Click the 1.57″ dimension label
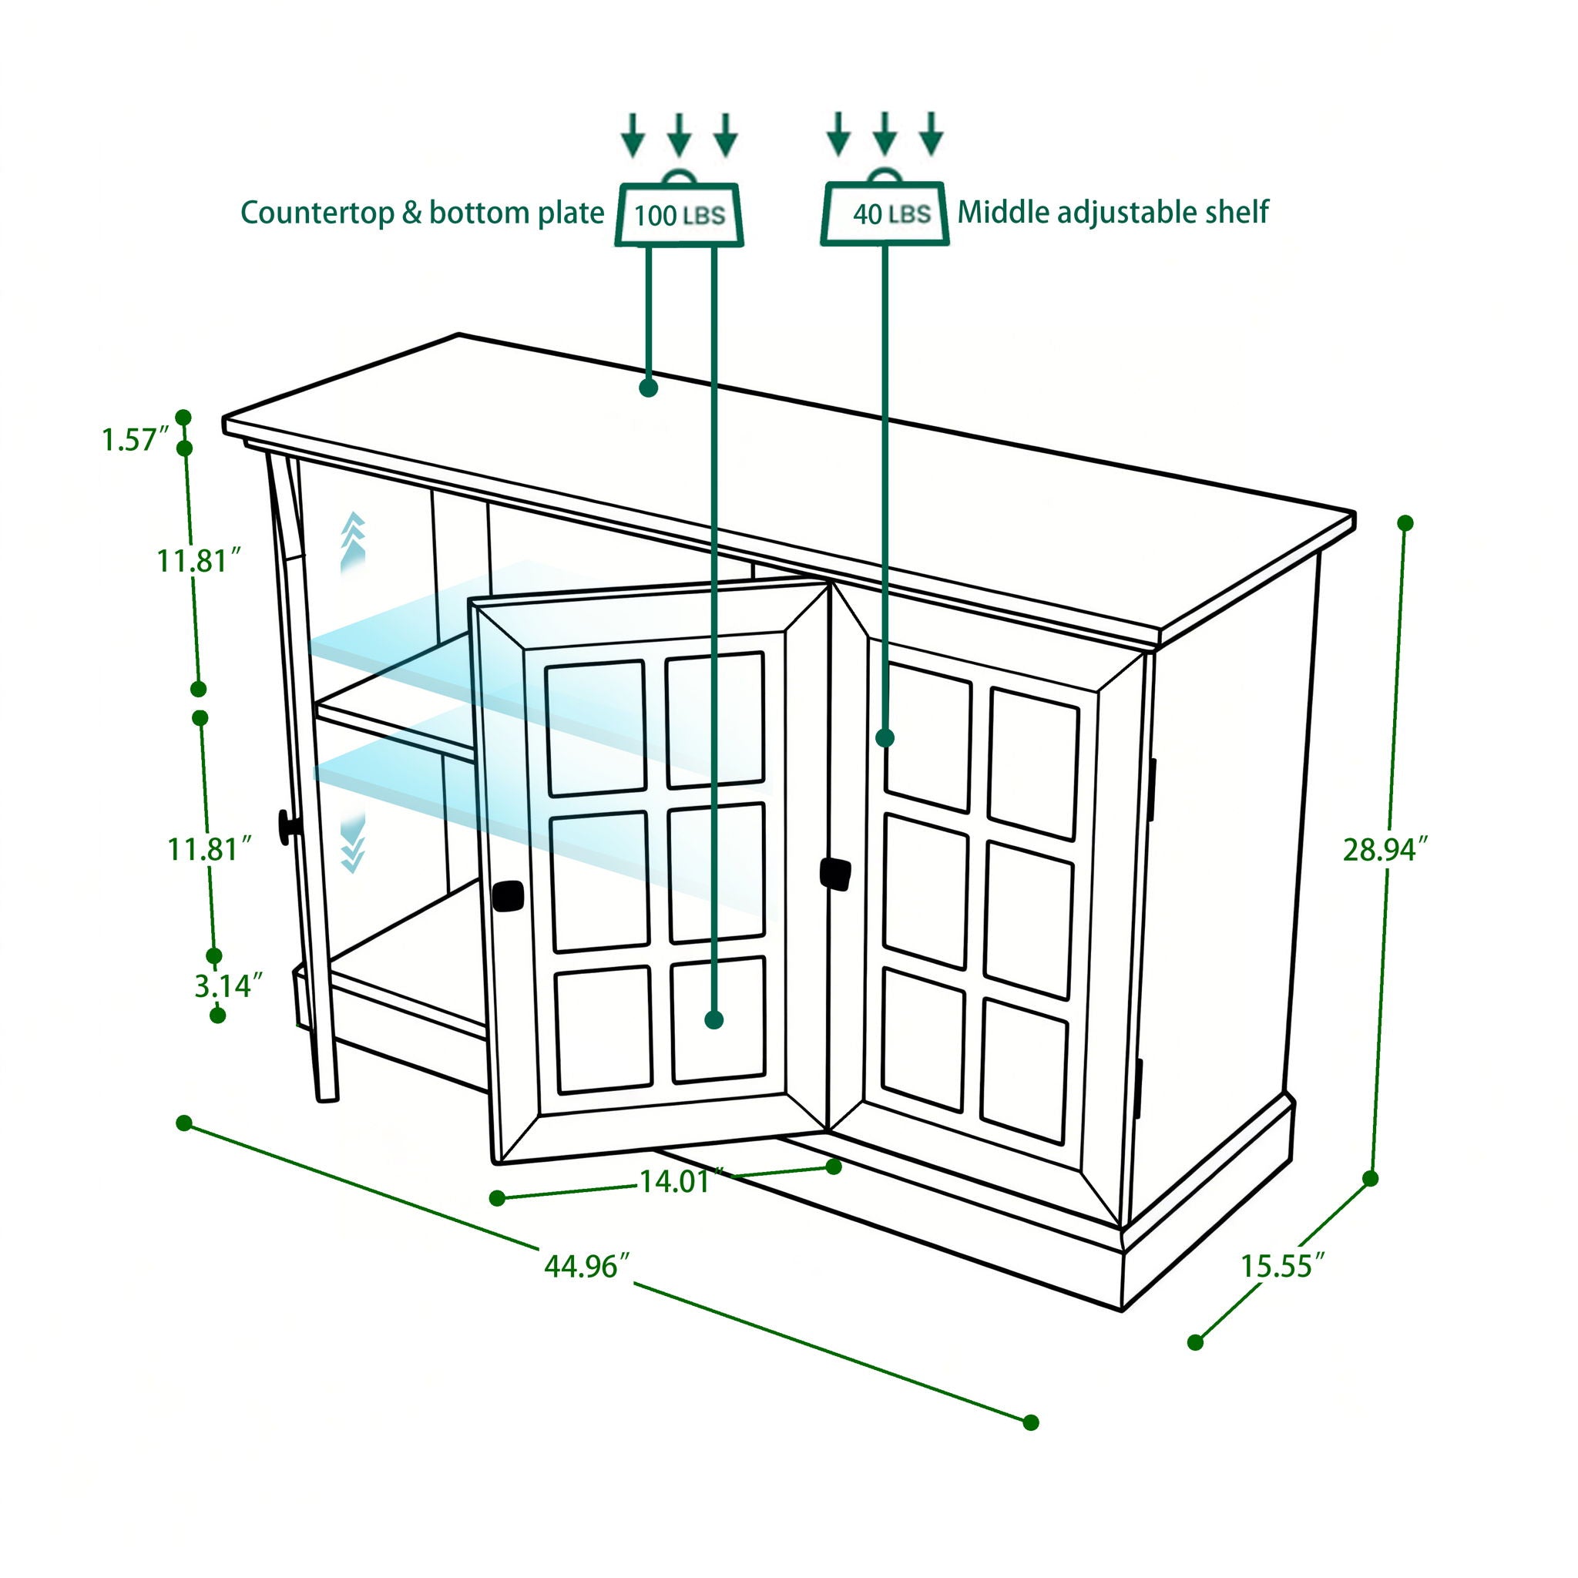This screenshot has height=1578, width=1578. [x=135, y=439]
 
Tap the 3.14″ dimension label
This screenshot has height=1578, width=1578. [x=229, y=985]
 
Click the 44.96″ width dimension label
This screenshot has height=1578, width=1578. [x=586, y=1266]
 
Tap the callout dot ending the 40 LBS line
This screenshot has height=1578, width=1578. [x=885, y=738]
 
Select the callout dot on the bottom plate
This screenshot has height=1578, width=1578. [x=713, y=1019]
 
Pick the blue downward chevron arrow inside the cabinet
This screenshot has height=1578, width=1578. [x=352, y=844]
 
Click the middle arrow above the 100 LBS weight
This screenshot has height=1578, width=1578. [x=679, y=134]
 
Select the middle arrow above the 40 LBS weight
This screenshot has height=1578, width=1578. [x=885, y=133]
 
